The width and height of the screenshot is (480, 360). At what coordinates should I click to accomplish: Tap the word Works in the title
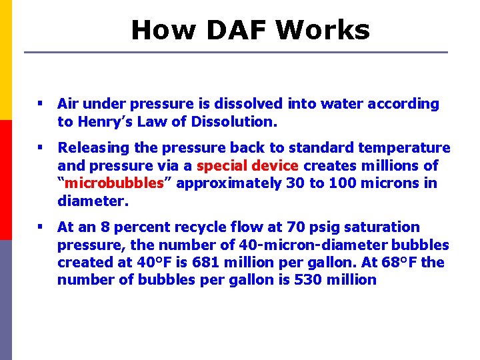click(x=322, y=30)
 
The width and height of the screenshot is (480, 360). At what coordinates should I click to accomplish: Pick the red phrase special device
click(x=247, y=165)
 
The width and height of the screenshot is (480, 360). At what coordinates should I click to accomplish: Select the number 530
click(x=303, y=280)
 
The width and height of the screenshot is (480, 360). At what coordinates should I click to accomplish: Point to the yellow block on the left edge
click(x=6, y=60)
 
